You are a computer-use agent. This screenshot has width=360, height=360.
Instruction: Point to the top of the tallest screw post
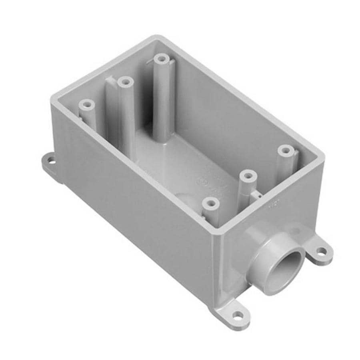coord(162,59)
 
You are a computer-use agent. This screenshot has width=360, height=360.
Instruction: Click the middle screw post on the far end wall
coord(126,82)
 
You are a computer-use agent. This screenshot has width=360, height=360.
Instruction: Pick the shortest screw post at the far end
coord(86,105)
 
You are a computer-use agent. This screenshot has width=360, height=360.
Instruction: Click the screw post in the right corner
coord(285,151)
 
